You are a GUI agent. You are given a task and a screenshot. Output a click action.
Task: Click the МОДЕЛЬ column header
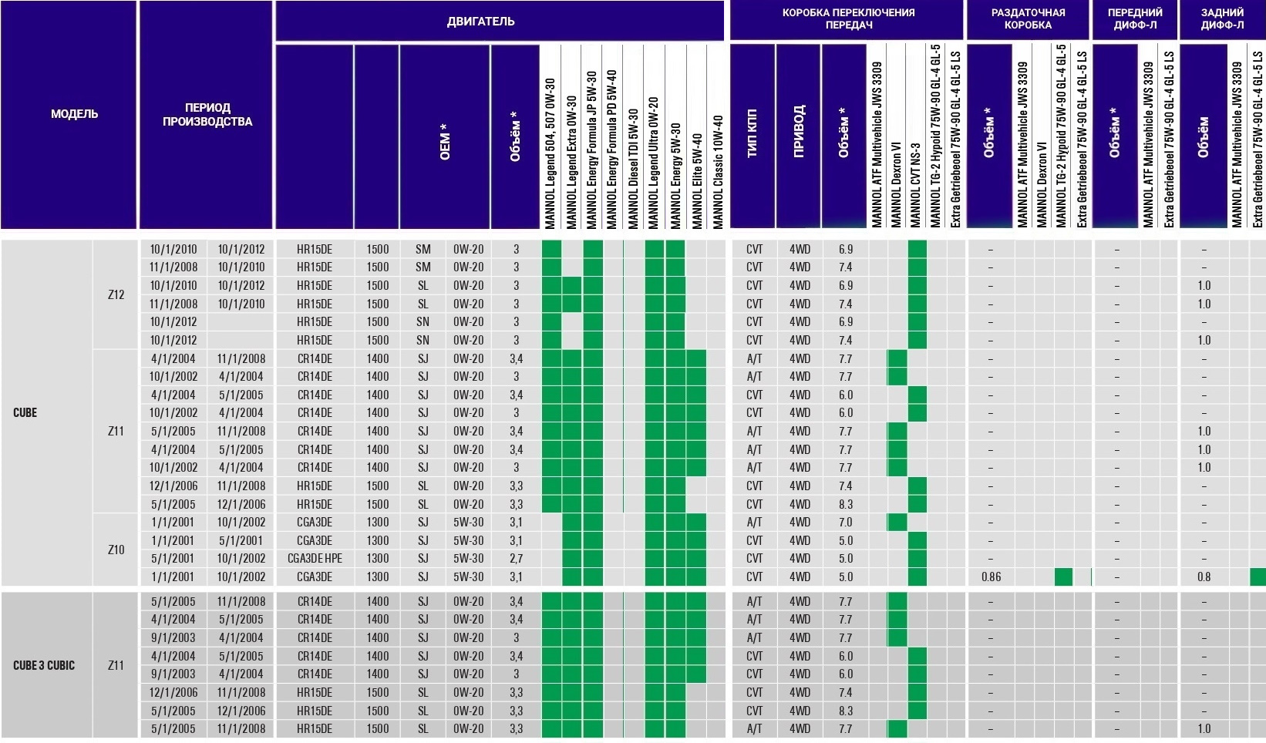[x=74, y=114]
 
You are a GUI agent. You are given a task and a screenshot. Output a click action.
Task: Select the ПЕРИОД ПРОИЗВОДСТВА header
[x=207, y=114]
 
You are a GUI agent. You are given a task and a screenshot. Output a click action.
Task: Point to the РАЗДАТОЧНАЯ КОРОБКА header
[x=1028, y=18]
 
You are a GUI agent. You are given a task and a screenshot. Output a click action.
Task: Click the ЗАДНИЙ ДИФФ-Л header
[x=1222, y=18]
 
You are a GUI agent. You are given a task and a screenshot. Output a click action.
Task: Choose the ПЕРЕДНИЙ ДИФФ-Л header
[x=1135, y=18]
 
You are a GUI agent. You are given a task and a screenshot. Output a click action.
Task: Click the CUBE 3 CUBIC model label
[x=44, y=665]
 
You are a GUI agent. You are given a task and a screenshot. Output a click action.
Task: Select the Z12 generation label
[x=116, y=294]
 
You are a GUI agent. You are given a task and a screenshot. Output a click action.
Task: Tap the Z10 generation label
[x=116, y=550]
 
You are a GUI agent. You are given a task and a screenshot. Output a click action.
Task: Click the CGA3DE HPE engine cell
[x=315, y=558]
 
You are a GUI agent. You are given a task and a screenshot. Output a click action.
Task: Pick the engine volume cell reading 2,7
[x=516, y=558]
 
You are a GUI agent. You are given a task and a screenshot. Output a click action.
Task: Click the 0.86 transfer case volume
[x=991, y=577]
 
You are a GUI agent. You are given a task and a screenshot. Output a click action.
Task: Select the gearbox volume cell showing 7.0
[x=845, y=522]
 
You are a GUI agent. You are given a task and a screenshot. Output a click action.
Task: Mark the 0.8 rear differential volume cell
[x=1204, y=577]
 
